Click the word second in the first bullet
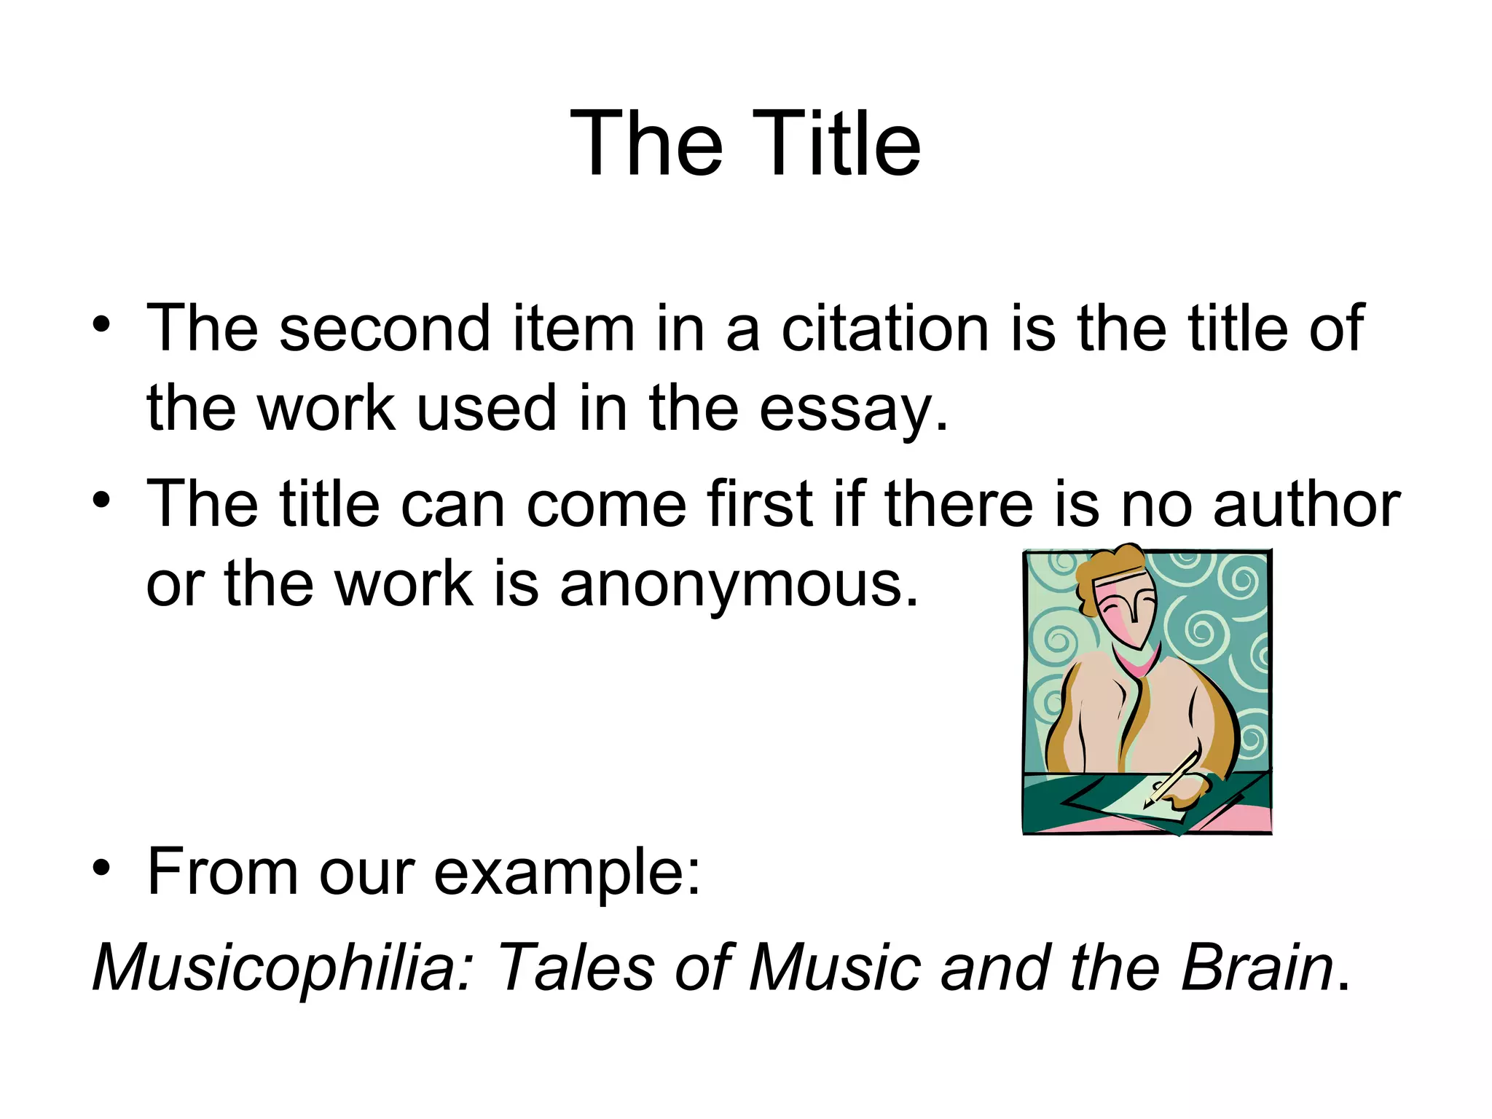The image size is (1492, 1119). (385, 329)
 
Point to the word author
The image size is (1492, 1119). (1306, 504)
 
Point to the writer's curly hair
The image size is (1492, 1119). (1107, 568)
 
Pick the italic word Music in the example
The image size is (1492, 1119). (835, 967)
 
